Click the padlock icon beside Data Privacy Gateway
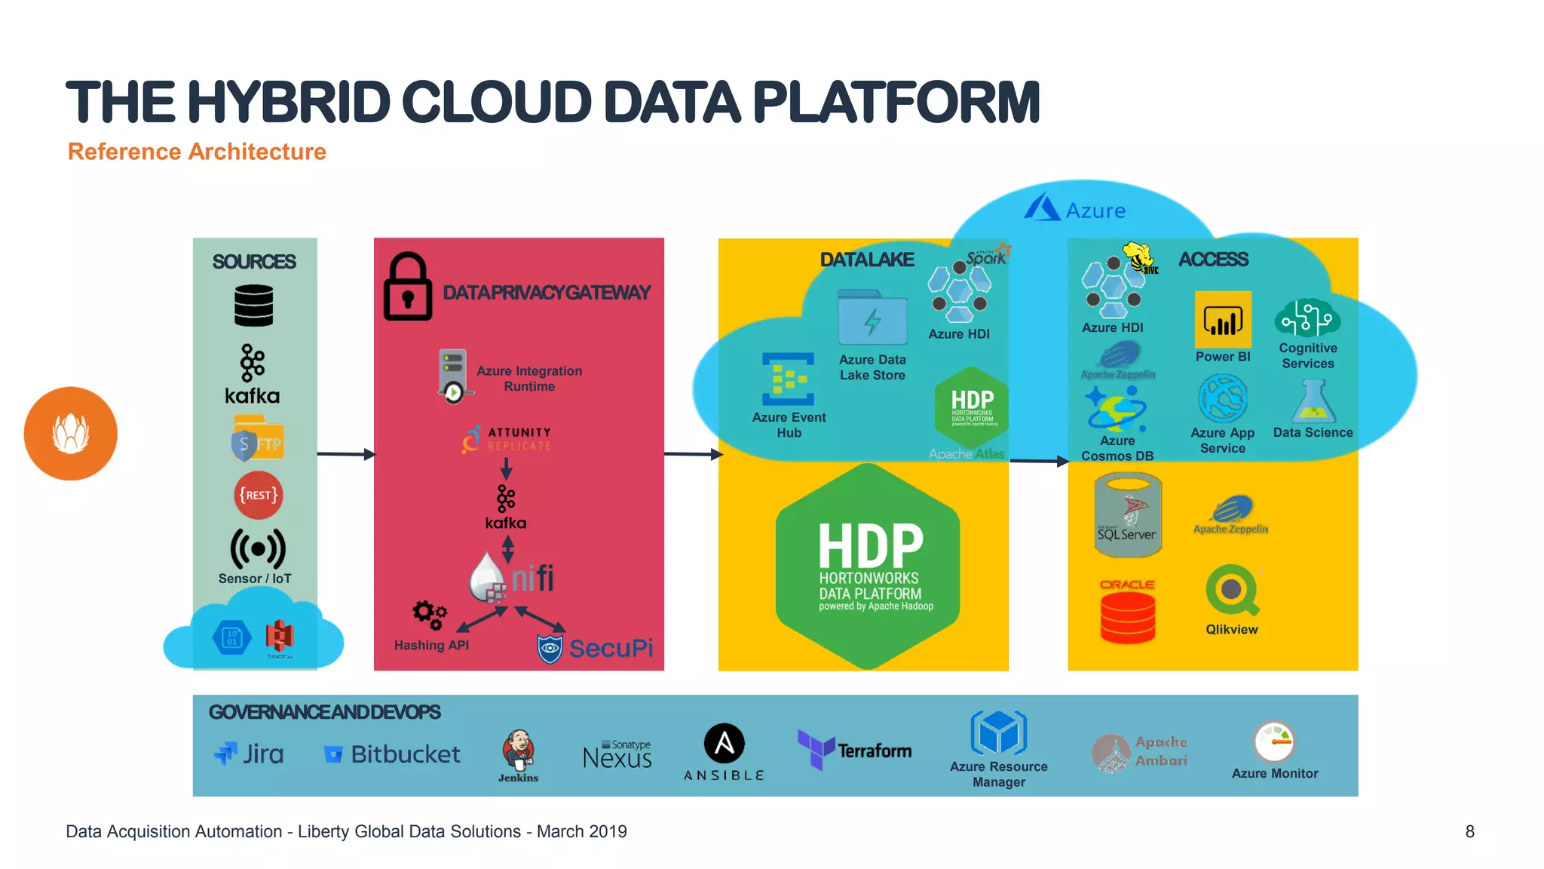408,287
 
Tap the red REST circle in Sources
259,495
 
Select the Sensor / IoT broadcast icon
258,548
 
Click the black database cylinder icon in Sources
253,306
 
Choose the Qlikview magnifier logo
1232,591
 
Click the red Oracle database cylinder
1127,616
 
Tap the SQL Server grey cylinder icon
1127,515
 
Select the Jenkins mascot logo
519,750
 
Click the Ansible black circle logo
724,743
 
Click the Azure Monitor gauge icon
1274,742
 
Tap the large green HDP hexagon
868,567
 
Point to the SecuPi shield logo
550,649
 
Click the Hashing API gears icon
429,615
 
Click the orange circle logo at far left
71,434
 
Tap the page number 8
1469,831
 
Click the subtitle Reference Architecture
197,152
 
